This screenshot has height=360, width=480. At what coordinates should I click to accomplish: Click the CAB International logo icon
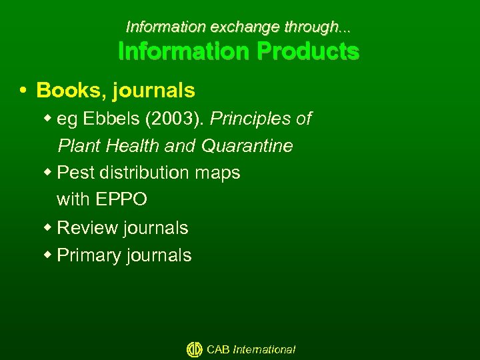195,349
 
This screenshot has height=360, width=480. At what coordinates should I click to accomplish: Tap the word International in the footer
264,349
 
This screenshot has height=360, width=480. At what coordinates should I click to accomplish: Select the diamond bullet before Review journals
49,227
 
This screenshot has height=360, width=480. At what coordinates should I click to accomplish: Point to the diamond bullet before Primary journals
49,255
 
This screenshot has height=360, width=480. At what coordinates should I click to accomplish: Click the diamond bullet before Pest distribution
49,172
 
